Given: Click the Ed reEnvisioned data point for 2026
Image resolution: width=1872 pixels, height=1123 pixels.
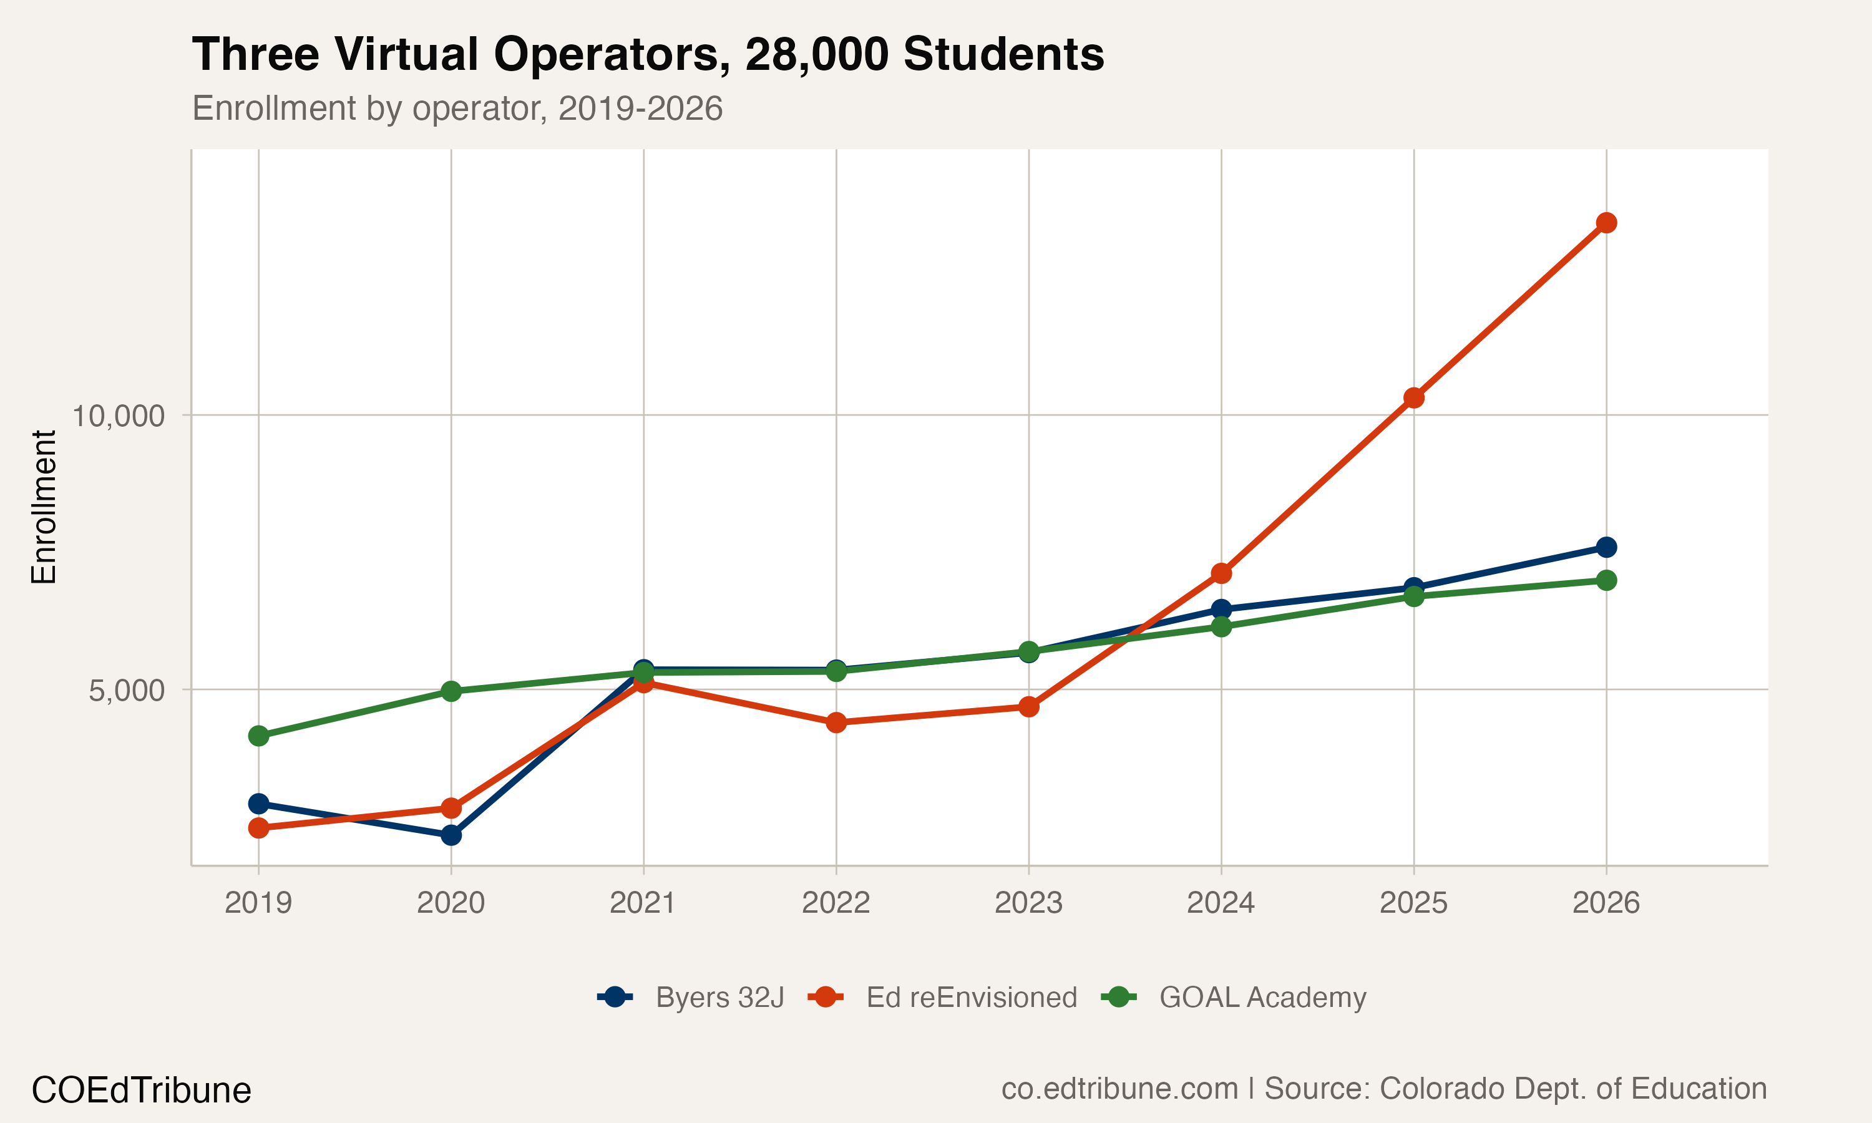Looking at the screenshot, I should click(1606, 223).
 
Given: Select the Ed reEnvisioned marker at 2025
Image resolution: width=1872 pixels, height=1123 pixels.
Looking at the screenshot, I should click(1413, 398).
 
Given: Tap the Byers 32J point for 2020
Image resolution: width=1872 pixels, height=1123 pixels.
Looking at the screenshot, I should click(451, 835).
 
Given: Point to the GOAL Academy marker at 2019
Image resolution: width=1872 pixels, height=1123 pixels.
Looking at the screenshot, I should click(259, 736).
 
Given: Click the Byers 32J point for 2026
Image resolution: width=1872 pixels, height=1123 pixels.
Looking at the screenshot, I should click(1606, 547).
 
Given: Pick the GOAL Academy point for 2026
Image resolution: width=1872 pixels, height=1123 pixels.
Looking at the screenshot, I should click(1606, 580).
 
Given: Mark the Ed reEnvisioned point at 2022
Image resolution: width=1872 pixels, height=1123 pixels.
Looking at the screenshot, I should click(836, 722).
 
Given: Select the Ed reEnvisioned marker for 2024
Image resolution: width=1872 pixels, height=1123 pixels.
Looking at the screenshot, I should click(1221, 573).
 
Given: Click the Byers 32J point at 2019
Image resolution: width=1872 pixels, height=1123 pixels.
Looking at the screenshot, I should click(259, 804).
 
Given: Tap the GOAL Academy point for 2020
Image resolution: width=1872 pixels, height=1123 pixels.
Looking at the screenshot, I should click(451, 691).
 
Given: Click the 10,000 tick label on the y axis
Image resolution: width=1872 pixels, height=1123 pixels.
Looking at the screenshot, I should click(118, 416).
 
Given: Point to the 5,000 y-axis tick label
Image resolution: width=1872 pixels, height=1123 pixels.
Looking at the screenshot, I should click(127, 690).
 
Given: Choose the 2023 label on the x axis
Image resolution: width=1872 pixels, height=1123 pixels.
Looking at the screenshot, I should click(1028, 903).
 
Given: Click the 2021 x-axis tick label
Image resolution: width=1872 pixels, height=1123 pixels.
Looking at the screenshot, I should click(643, 903).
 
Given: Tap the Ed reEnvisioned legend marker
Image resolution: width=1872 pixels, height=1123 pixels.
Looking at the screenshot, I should click(826, 998).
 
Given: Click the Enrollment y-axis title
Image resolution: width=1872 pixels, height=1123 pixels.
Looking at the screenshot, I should click(44, 507).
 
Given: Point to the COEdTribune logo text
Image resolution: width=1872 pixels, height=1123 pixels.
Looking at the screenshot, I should click(142, 1091).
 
